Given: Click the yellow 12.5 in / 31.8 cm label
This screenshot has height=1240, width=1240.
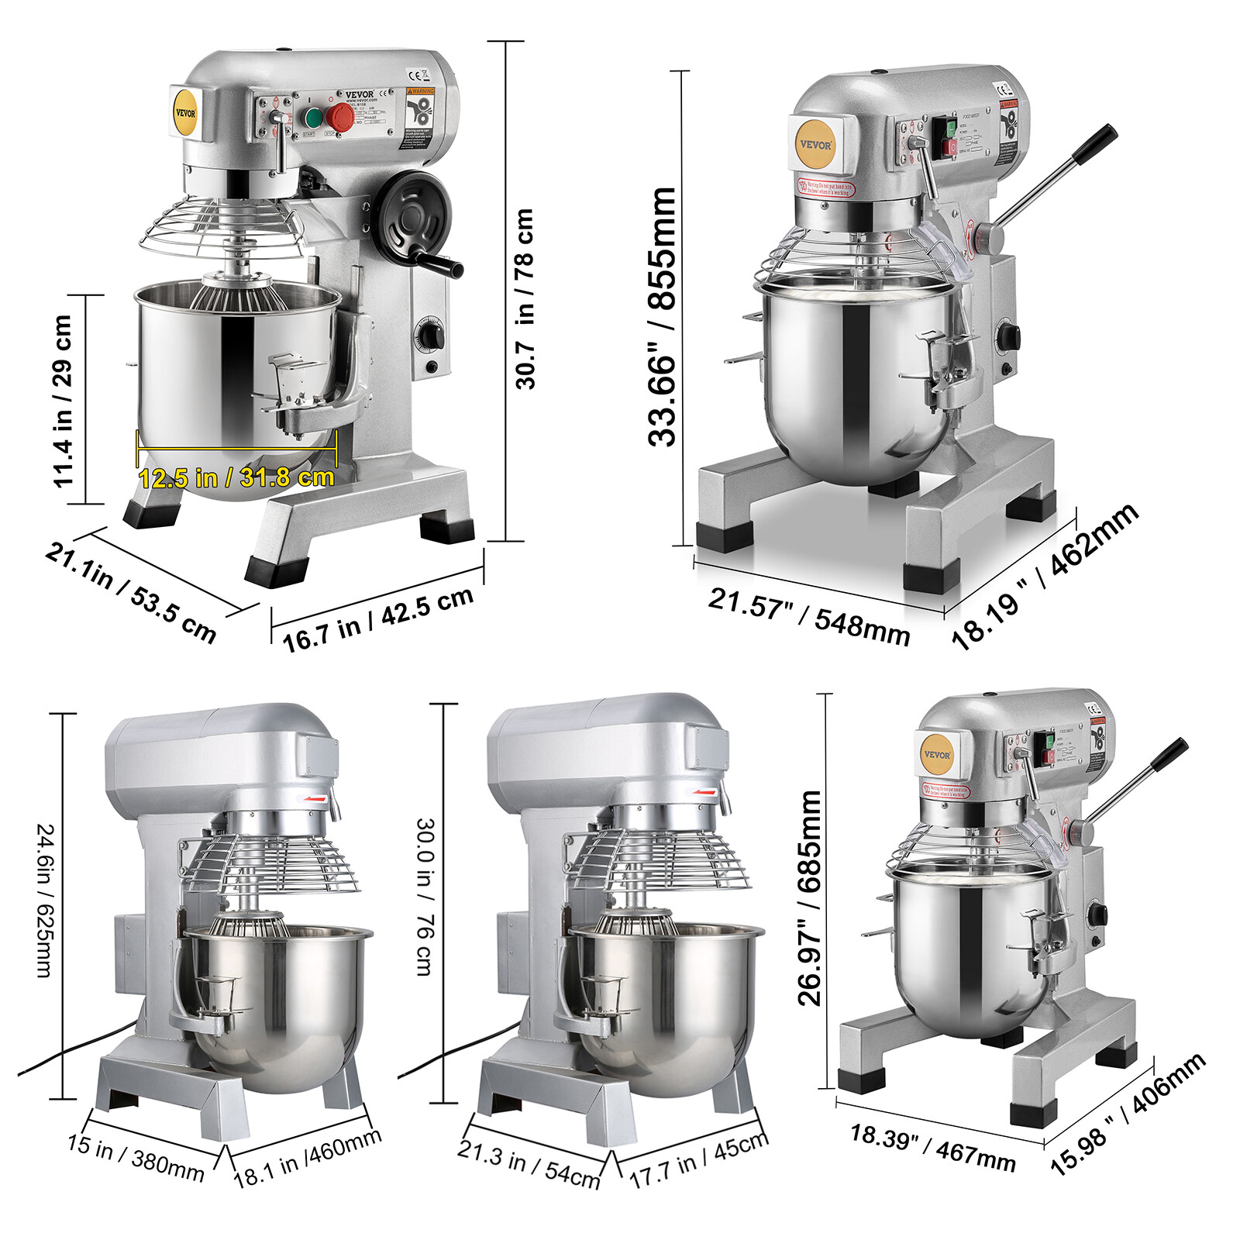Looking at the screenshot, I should click(x=236, y=477).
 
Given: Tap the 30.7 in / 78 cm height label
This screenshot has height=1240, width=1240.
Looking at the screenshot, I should click(x=525, y=298).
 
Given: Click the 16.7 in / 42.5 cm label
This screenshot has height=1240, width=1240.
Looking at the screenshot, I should click(x=377, y=619).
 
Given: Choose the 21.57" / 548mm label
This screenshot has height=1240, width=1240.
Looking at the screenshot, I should click(x=809, y=617).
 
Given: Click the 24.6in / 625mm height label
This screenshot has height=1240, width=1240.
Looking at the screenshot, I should click(x=45, y=900).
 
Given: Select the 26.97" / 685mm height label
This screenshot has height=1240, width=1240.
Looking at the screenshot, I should click(x=809, y=897).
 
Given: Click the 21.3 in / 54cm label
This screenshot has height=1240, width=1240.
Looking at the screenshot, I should click(x=529, y=1163).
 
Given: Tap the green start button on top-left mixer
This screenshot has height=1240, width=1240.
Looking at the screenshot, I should click(x=313, y=118).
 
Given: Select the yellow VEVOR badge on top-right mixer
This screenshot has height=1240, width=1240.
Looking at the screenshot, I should click(x=815, y=144).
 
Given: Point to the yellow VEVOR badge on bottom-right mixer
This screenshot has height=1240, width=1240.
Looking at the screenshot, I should click(x=937, y=754).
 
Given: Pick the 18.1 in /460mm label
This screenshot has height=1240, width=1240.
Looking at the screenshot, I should click(x=308, y=1157).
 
